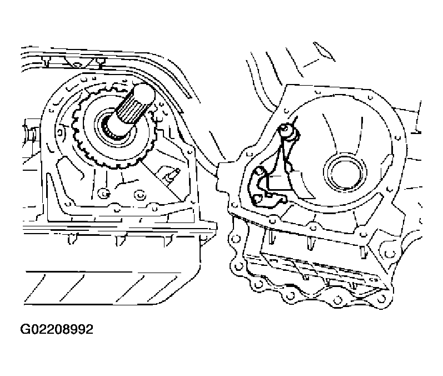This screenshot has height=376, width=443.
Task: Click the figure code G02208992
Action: pos(57,329)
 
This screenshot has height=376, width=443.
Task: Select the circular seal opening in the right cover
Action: pos(345,172)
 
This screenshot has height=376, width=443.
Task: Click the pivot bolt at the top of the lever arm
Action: pos(285,130)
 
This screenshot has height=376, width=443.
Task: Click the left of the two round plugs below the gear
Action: pos(104,194)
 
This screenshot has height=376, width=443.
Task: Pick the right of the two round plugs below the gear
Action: pos(140,195)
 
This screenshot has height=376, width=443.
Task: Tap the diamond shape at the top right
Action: pos(324,52)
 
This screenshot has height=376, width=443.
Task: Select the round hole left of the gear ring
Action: pos(59,132)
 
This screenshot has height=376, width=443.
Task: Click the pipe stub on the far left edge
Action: pos(31,132)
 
